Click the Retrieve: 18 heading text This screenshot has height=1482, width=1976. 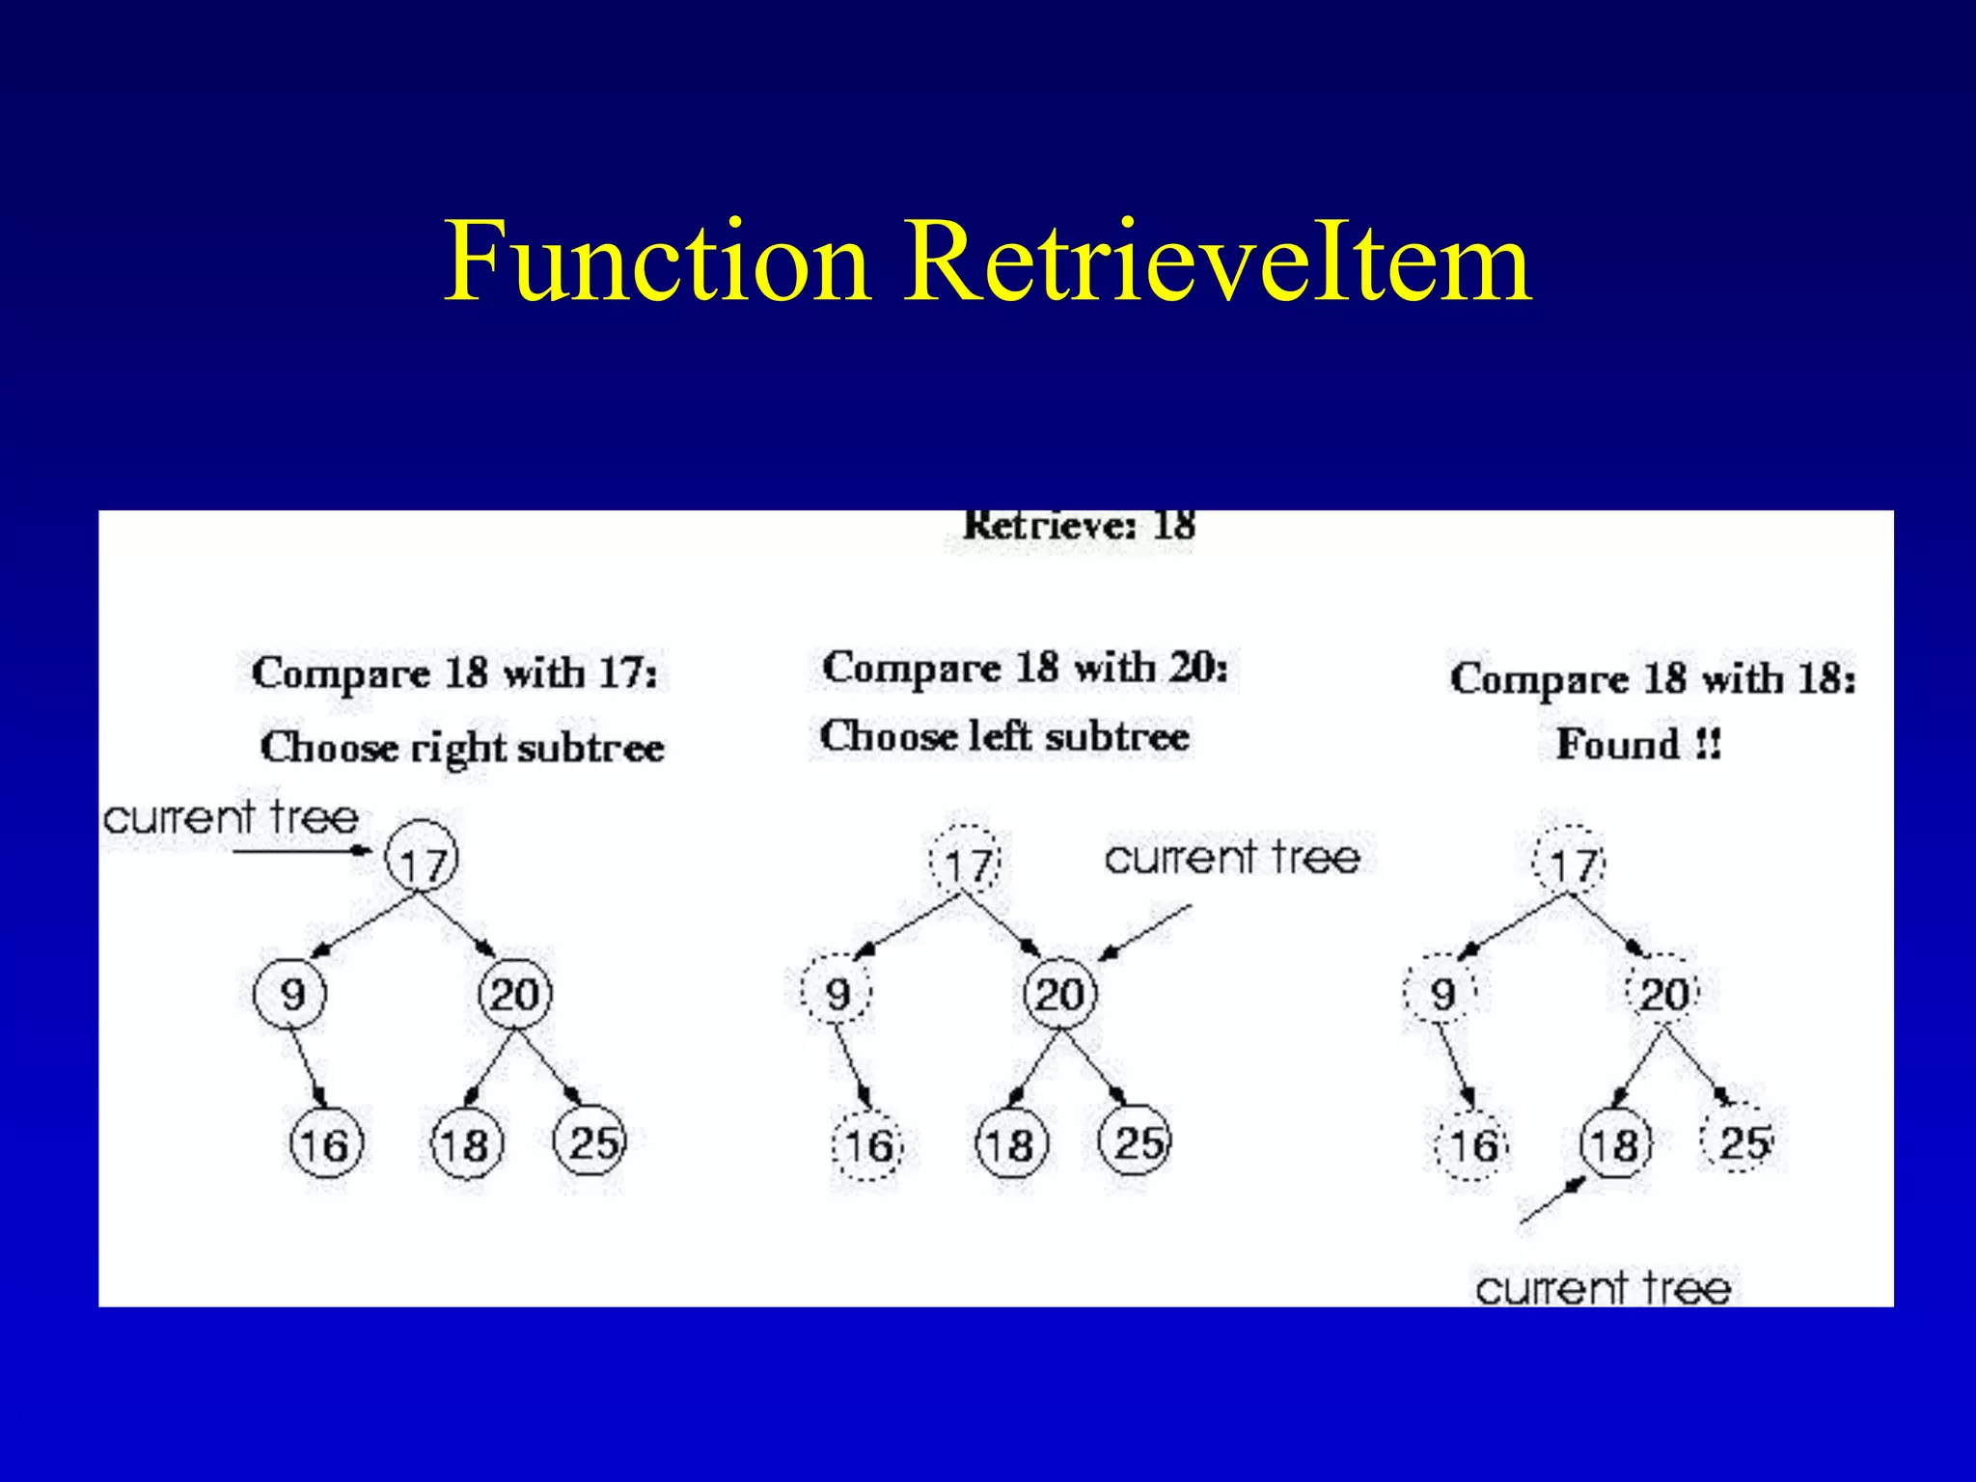coord(1079,527)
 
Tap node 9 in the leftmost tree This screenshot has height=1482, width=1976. coord(290,994)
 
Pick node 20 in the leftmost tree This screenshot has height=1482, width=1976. coord(515,994)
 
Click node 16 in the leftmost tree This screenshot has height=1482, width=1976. coord(325,1144)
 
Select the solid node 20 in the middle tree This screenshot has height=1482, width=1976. coord(1059,994)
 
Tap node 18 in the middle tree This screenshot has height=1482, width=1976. coord(1010,1145)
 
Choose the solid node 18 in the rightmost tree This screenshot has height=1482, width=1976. coord(1615,1145)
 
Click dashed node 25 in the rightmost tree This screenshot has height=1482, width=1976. coord(1742,1142)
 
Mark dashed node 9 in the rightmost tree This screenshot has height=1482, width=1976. coord(1441,992)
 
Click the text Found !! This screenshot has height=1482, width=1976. coord(1638,744)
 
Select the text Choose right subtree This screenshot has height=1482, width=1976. coord(462,748)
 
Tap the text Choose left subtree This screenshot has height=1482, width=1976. coord(1004,737)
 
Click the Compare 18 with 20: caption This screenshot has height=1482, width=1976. coord(1025,669)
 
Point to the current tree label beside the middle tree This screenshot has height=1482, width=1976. coord(1232,858)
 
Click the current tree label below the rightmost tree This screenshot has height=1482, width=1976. coord(1603,1288)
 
